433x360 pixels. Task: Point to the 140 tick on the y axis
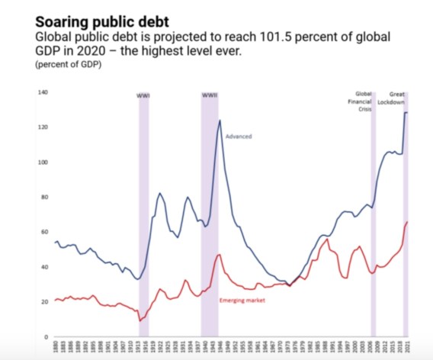pyautogui.click(x=43, y=93)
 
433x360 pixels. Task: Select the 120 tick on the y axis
pyautogui.click(x=43, y=127)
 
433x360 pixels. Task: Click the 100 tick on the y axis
pyautogui.click(x=43, y=162)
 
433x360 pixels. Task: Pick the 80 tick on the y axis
pyautogui.click(x=44, y=198)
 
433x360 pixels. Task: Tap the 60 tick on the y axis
pyautogui.click(x=44, y=232)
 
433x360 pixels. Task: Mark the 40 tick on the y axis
pyautogui.click(x=44, y=267)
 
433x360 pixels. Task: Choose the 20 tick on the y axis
pyautogui.click(x=44, y=302)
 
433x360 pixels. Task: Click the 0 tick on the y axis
pyautogui.click(x=46, y=336)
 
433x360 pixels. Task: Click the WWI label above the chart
pyautogui.click(x=143, y=96)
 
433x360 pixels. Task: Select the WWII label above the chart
pyautogui.click(x=210, y=95)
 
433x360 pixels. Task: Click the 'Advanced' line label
pyautogui.click(x=239, y=137)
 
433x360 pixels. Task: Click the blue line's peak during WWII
pyautogui.click(x=220, y=121)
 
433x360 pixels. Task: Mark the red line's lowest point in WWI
pyautogui.click(x=140, y=320)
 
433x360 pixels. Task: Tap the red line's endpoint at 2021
pyautogui.click(x=408, y=222)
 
